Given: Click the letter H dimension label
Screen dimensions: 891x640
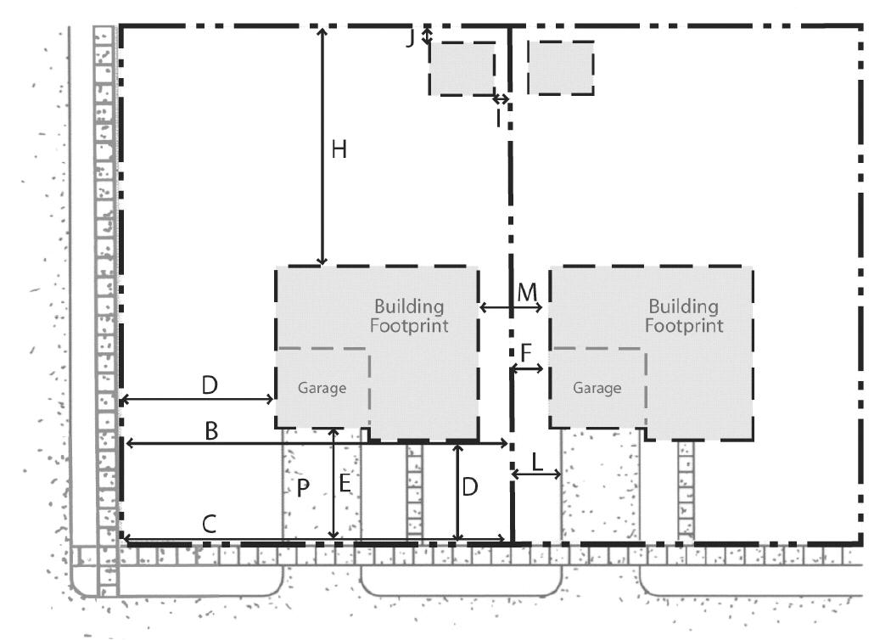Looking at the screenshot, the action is click(x=339, y=149).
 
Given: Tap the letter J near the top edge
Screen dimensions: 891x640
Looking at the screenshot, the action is click(x=410, y=39).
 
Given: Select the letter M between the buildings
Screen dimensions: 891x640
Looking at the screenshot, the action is click(x=527, y=292).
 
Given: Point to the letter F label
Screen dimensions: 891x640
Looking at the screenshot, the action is click(x=525, y=353).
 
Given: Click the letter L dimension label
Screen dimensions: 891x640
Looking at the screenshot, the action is click(x=537, y=462).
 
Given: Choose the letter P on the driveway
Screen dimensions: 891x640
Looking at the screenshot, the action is click(x=303, y=488).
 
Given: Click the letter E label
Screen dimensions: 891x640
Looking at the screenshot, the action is click(x=345, y=484).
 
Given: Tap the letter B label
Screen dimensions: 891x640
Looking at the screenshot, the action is click(x=210, y=431).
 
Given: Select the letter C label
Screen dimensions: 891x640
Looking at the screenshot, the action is click(x=209, y=524).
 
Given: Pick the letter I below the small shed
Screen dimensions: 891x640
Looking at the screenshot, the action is click(x=498, y=118).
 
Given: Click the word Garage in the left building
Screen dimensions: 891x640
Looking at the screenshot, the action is click(x=322, y=388).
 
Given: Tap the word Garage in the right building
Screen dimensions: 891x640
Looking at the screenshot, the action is click(x=597, y=388).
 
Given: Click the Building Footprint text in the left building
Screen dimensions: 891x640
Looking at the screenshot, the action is click(x=409, y=316).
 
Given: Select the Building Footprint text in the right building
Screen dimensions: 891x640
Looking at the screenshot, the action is click(x=684, y=316).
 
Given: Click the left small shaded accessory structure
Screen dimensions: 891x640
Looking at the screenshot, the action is click(x=462, y=68).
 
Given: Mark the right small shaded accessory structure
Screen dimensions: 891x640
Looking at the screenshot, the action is click(x=561, y=68).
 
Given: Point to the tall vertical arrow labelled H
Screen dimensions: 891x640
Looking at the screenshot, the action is click(x=322, y=146).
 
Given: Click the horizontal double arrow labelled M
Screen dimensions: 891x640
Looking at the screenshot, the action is click(x=511, y=307).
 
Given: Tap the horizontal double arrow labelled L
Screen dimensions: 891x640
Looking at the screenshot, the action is click(x=536, y=474).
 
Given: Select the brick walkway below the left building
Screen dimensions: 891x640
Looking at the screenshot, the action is click(x=415, y=491).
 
